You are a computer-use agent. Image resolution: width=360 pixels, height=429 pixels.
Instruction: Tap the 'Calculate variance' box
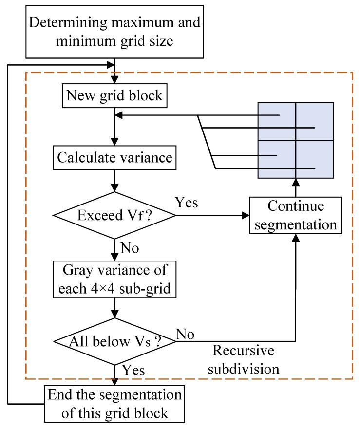pos(114,158)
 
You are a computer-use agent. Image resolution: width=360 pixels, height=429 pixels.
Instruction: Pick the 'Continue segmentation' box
pos(295,215)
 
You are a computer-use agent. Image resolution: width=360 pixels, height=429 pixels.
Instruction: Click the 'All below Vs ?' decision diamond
pos(114,340)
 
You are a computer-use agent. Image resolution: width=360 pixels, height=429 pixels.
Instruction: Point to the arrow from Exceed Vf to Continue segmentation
pos(214,215)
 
